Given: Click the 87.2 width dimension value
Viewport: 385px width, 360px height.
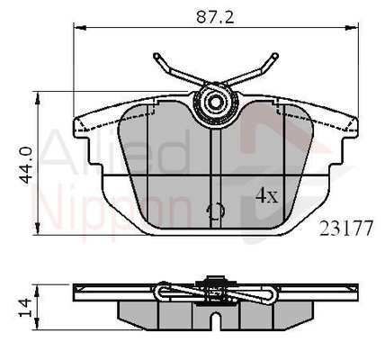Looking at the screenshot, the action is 215,18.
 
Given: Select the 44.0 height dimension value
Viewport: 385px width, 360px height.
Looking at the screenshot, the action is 26,165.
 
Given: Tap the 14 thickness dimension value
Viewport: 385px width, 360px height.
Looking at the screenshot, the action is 25,307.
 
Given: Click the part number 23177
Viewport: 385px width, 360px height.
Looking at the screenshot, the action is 345,229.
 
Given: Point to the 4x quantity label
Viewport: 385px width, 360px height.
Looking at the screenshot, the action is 267,195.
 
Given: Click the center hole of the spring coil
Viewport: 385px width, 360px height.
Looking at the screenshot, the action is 215,103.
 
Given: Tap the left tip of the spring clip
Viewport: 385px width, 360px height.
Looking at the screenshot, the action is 156,56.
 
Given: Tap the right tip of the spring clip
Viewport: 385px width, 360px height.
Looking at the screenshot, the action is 274,56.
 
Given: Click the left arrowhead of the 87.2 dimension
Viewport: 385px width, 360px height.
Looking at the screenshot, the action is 80,28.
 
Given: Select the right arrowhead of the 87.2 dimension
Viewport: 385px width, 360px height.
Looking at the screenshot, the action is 352,28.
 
